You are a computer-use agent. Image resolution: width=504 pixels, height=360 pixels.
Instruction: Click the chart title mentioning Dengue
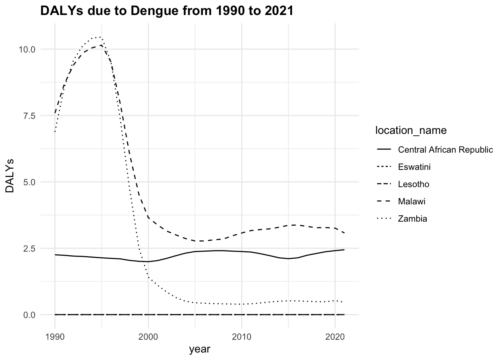click(x=166, y=11)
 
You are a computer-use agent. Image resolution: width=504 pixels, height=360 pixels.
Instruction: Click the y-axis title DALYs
click(x=10, y=175)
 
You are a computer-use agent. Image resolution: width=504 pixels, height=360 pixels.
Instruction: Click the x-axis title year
click(x=199, y=349)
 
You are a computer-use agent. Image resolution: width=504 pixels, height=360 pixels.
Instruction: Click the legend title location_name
click(x=411, y=130)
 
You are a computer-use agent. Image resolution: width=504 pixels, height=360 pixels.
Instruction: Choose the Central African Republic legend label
click(x=445, y=150)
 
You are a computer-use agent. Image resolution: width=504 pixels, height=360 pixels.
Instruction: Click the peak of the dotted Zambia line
click(x=99, y=37)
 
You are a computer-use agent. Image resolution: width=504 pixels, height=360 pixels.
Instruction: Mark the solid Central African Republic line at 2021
click(x=344, y=250)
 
